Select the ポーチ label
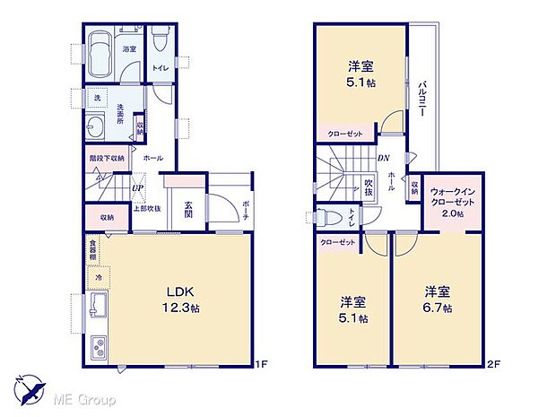click(x=247, y=210)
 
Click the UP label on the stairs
click(x=137, y=188)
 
